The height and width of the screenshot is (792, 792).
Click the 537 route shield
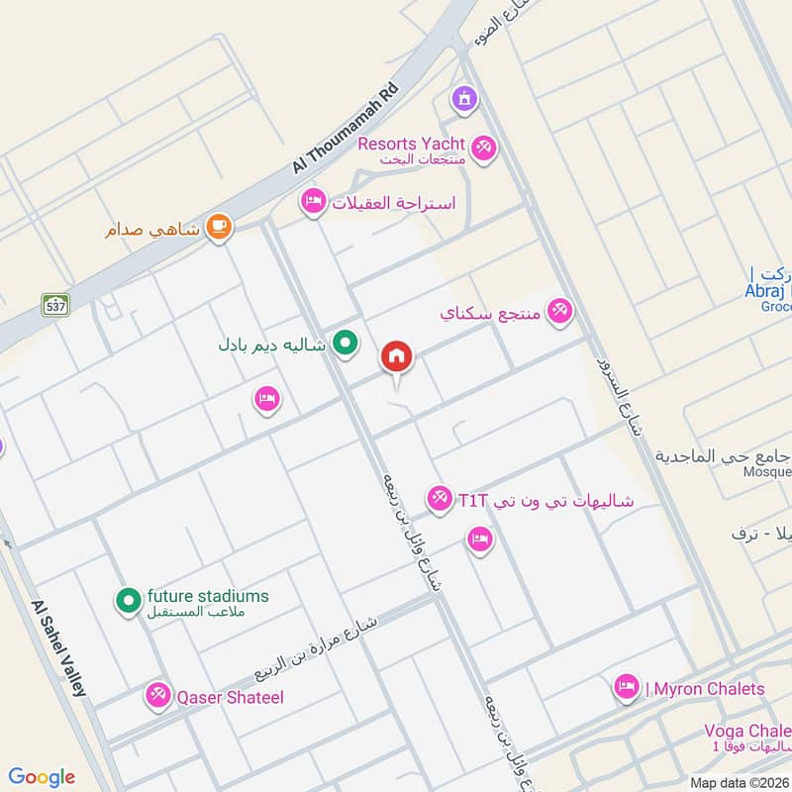(55, 305)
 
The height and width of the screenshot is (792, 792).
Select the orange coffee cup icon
(219, 229)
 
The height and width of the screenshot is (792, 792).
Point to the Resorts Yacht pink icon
(483, 148)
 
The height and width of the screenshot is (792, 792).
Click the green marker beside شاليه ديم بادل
(345, 344)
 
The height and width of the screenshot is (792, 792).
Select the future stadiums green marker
(128, 600)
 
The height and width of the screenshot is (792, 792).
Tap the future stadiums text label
(208, 597)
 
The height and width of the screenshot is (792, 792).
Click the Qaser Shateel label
(230, 697)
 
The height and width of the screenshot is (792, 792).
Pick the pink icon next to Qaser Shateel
(157, 696)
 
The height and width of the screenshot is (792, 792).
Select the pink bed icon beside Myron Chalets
(626, 688)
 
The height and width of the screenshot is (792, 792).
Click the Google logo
(42, 777)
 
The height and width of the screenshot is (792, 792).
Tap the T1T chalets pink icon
(440, 498)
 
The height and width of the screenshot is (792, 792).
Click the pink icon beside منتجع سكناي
(560, 312)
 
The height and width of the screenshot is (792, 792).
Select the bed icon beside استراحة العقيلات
(314, 202)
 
